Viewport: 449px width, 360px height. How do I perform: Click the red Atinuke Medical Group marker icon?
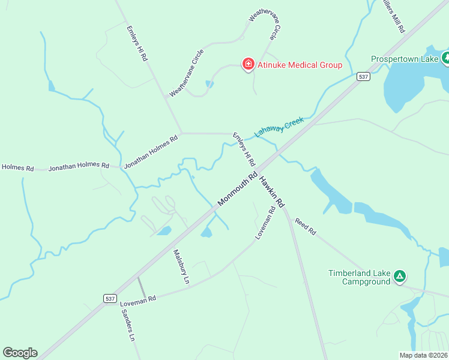click(x=247, y=64)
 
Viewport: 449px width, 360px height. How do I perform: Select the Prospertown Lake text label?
click(x=405, y=59)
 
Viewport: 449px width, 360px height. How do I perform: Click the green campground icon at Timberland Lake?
click(x=400, y=277)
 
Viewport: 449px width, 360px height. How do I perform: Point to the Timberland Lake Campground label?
click(x=359, y=277)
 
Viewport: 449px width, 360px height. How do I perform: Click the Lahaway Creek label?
click(x=279, y=127)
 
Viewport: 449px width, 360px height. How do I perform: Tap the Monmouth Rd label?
click(x=238, y=190)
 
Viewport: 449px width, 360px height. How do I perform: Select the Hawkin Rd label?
click(x=271, y=190)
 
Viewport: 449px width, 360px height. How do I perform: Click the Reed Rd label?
click(x=305, y=227)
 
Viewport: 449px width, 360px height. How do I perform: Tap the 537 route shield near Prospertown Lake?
click(x=363, y=76)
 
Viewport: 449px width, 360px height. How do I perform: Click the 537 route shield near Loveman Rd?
click(x=109, y=298)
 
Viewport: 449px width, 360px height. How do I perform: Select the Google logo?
click(x=20, y=353)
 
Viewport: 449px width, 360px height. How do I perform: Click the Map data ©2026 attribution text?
click(x=423, y=355)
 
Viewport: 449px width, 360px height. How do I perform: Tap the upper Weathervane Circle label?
click(x=265, y=23)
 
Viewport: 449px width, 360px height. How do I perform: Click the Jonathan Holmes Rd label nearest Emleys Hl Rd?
click(x=151, y=151)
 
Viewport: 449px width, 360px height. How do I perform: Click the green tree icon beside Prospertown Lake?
click(x=445, y=58)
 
